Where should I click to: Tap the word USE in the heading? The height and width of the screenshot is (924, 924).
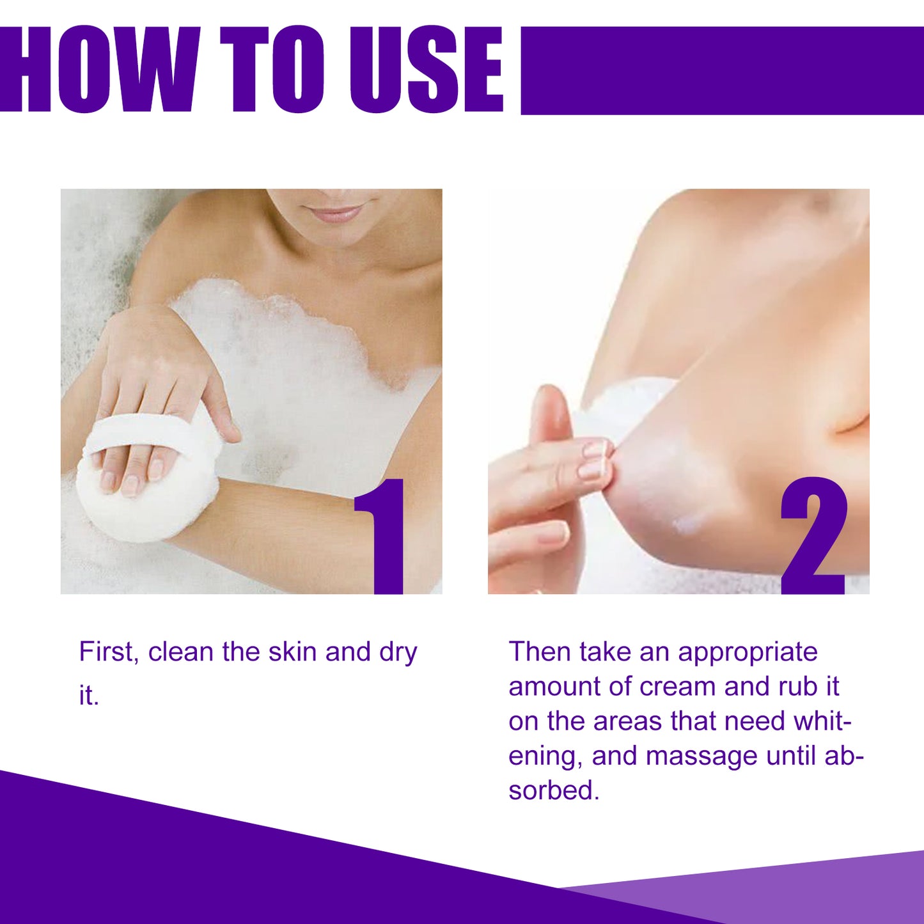tap(426, 70)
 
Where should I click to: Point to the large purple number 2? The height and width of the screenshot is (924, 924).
tap(813, 537)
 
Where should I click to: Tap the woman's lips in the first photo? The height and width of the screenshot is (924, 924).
tap(336, 213)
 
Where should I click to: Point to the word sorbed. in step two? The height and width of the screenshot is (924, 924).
tap(554, 791)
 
